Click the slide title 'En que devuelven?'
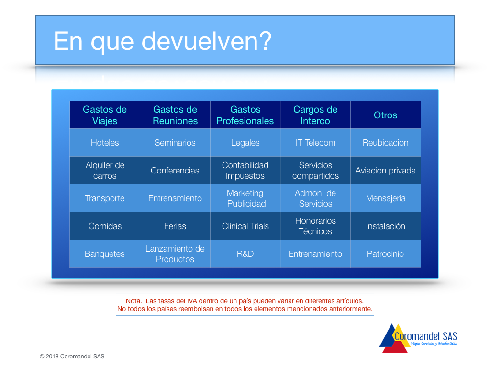163,41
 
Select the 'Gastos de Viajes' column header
105,115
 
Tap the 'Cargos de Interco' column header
315,115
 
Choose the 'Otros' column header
386,115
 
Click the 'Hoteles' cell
105,143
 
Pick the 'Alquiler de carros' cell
105,171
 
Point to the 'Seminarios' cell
175,143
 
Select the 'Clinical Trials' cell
245,226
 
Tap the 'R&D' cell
245,254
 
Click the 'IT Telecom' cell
315,143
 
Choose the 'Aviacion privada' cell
386,171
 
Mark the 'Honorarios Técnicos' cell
315,226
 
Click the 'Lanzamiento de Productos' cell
175,254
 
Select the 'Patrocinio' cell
386,254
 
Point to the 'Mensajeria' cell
386,198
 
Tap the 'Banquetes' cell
105,254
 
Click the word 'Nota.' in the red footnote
134,301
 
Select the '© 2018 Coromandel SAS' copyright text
72,356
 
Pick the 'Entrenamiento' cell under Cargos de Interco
315,254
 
